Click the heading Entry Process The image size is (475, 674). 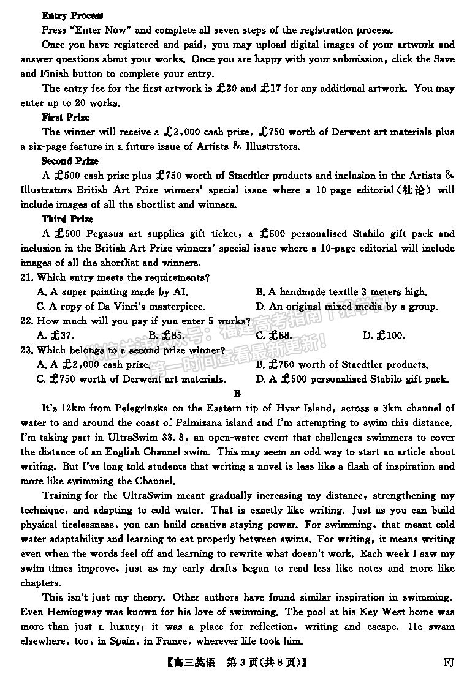tap(72, 15)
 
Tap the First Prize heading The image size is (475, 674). tap(66, 117)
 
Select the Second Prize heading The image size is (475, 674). tap(70, 161)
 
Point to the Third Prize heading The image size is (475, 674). tap(67, 219)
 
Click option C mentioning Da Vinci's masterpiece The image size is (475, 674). tap(121, 306)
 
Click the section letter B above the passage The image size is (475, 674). tap(238, 394)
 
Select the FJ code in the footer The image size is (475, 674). tap(448, 662)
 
